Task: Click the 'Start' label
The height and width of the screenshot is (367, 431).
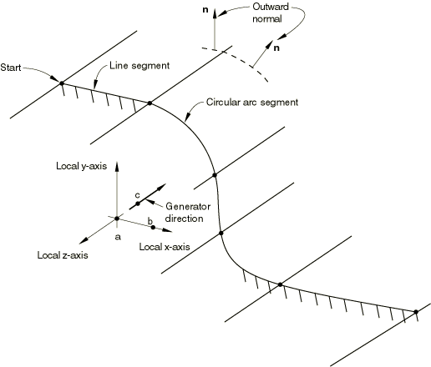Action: [11, 68]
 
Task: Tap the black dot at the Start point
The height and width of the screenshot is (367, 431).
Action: [62, 83]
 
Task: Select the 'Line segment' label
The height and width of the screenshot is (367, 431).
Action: [139, 66]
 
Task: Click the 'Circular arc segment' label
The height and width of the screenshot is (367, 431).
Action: [252, 103]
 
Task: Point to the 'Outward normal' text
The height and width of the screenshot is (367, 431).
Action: [271, 13]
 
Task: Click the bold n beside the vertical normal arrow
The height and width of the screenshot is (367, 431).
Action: [205, 10]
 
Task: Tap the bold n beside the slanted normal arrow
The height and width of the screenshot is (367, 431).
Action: [276, 48]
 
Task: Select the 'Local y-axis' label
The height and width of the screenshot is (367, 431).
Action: [81, 166]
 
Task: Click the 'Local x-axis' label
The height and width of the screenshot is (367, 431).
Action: [165, 247]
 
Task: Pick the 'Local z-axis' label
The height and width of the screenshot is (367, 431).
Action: [63, 255]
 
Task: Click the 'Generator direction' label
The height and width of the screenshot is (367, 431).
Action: [188, 213]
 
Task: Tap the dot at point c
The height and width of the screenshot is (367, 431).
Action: [138, 204]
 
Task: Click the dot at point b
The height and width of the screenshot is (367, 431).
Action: [153, 227]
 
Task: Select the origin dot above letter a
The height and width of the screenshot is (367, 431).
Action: [117, 219]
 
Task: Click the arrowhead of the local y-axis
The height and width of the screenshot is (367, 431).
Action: [117, 166]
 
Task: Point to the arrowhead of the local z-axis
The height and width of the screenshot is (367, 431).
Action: [84, 241]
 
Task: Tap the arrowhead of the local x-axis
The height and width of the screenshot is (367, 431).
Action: [168, 230]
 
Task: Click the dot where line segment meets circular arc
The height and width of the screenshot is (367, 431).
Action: [150, 103]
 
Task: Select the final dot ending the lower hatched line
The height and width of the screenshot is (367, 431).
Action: [416, 312]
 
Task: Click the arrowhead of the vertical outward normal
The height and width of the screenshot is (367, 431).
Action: [215, 13]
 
